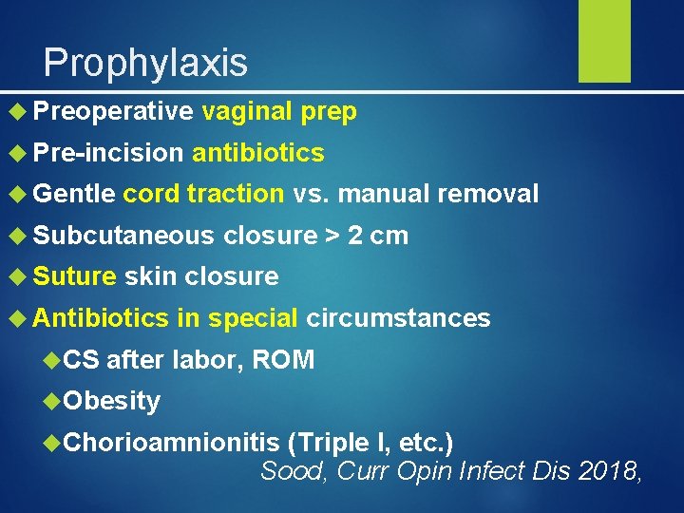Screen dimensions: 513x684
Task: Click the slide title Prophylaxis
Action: (145, 63)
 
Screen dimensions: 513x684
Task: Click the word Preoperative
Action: (113, 112)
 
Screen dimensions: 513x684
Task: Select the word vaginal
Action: (247, 112)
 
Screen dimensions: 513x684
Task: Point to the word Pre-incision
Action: (107, 153)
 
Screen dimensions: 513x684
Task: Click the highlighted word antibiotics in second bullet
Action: (258, 153)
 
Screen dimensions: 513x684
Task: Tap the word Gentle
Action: (74, 195)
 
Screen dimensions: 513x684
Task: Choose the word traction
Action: (236, 195)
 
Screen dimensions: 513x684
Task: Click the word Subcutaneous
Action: (123, 236)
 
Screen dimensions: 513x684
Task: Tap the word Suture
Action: (74, 276)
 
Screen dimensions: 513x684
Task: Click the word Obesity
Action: (112, 401)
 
